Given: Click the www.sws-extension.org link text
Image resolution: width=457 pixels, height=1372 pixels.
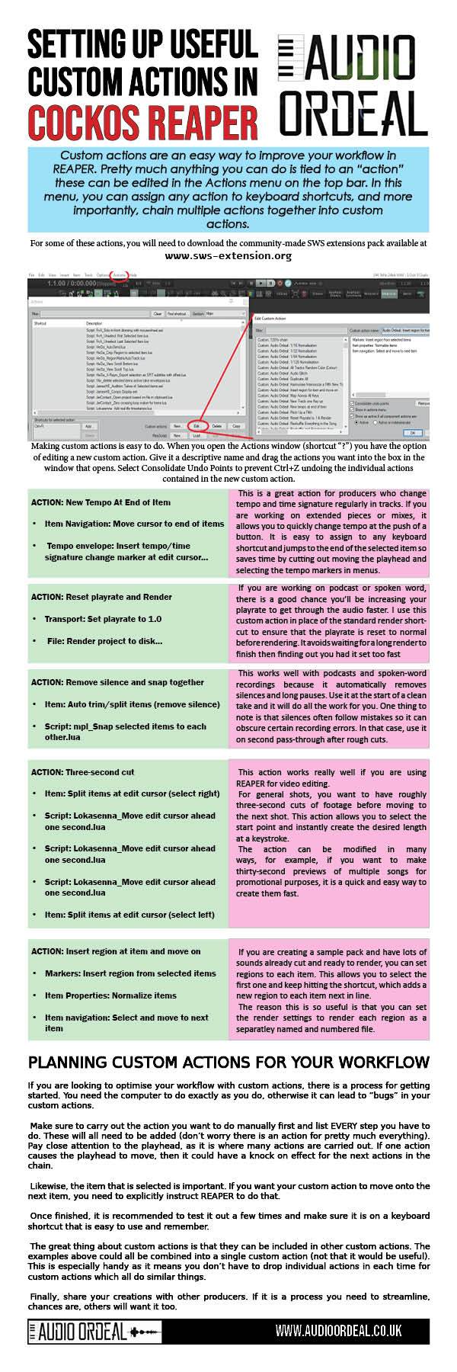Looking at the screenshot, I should click(228, 256).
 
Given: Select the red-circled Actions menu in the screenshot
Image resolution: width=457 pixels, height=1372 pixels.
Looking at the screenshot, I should click(120, 274).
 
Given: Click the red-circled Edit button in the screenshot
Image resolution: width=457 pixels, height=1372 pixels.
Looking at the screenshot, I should click(197, 426).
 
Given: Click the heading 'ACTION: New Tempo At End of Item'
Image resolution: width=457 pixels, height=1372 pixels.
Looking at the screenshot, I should click(101, 502).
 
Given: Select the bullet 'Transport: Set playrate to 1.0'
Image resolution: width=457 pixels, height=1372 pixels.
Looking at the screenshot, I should click(103, 619).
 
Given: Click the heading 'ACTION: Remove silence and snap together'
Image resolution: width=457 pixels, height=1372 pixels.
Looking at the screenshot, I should click(118, 682).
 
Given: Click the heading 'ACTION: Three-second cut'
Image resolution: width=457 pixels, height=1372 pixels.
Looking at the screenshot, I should click(83, 772).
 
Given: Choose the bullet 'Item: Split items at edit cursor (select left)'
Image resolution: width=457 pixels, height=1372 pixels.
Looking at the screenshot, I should click(129, 915).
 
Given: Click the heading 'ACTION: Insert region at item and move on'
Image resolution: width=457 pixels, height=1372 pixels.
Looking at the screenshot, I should click(117, 951).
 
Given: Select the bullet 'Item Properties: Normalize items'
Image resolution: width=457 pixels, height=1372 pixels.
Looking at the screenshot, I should click(110, 995).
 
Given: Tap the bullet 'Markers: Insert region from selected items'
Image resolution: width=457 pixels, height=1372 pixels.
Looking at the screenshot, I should click(130, 973).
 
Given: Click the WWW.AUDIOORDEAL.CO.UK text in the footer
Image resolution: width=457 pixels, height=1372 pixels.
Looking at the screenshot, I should click(338, 1352).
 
